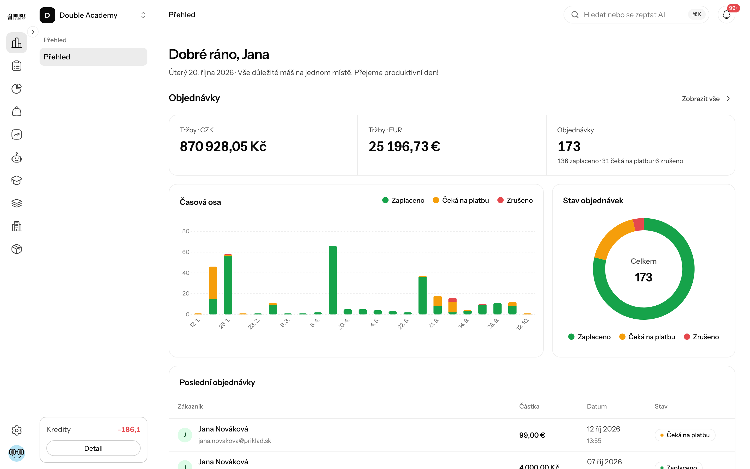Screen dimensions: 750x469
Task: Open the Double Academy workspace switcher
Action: point(93,15)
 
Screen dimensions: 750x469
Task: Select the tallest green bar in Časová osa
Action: point(333,280)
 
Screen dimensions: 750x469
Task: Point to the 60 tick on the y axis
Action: point(186,252)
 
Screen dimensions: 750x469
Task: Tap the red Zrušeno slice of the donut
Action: point(639,225)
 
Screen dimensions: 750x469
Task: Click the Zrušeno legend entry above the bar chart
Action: point(515,200)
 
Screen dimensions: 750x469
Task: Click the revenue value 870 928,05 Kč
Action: point(223,146)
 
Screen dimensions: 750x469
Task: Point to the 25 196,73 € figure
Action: point(404,146)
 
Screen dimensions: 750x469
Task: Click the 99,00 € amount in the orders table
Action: point(532,435)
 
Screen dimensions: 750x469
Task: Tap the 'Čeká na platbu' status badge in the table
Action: point(685,435)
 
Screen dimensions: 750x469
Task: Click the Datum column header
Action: point(597,406)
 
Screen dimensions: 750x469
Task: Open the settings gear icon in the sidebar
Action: point(17,430)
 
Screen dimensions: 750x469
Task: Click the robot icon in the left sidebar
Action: point(17,157)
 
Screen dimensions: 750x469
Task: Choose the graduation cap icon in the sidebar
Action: point(17,180)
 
